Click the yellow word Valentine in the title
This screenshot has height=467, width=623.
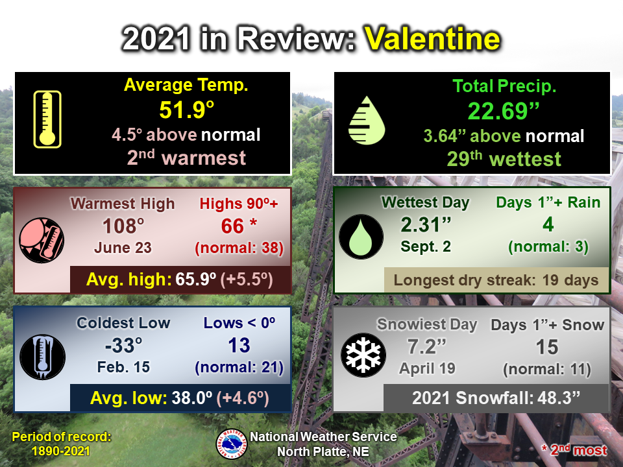coord(432,39)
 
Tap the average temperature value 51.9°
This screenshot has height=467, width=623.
coord(187,110)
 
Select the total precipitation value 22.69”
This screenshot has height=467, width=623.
coord(504,111)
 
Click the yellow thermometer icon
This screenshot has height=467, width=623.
coord(47,119)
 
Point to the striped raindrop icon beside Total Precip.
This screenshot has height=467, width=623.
coord(366,121)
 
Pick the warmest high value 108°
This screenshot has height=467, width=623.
coord(123,226)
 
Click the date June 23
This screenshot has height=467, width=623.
coord(123,248)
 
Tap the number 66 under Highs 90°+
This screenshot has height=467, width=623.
coord(232,226)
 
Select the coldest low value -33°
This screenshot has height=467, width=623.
coord(123,346)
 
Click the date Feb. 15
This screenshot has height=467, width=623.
coord(123,367)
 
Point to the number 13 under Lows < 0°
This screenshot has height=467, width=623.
coord(239,346)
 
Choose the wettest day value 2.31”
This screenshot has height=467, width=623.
coord(426,225)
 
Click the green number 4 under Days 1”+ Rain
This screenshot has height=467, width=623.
coord(548,225)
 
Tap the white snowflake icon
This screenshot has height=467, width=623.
coord(363,355)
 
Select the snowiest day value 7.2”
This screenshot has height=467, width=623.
coord(427,346)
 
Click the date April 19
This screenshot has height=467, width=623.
coord(427,368)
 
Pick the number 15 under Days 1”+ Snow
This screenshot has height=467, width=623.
coord(547,347)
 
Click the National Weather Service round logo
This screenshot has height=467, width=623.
coord(232,444)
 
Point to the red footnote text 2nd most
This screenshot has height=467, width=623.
coord(578,450)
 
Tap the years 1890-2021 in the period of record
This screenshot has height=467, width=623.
coord(61,451)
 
